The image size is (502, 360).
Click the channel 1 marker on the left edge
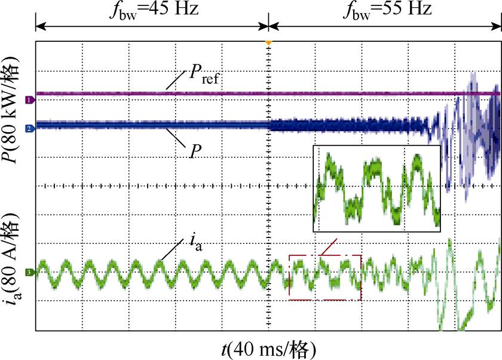[x=28, y=100]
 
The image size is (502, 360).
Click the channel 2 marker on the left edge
[x=28, y=128]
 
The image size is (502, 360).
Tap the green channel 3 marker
[x=28, y=273]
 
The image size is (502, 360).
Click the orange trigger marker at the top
[x=269, y=42]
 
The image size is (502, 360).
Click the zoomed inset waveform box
[x=376, y=188]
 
